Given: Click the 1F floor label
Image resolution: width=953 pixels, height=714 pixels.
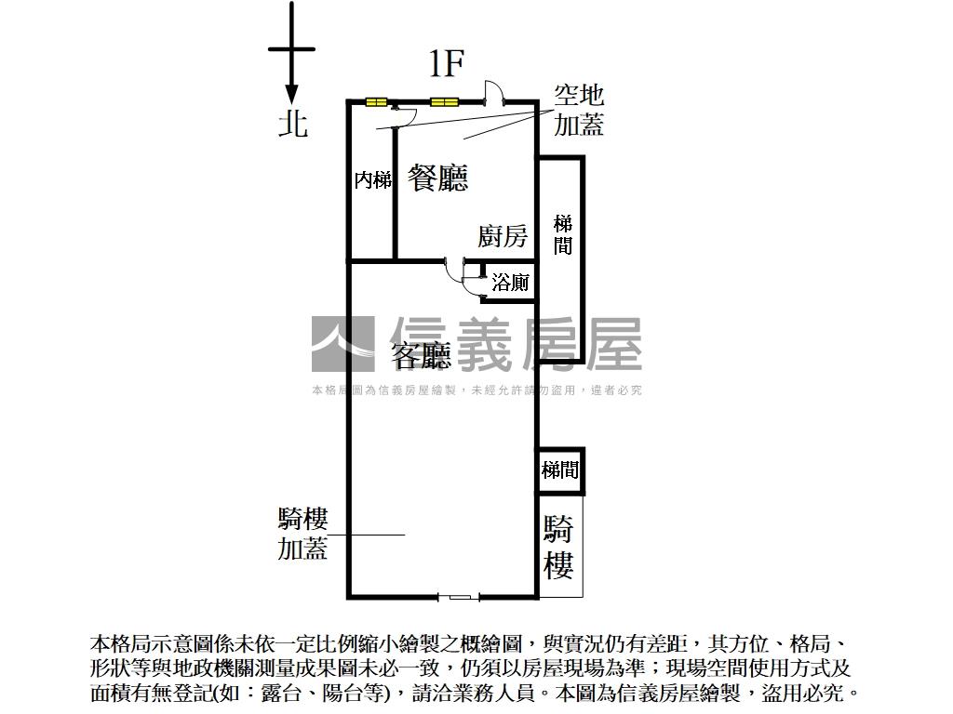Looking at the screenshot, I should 446,63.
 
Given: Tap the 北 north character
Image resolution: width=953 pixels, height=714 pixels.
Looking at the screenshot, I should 293,123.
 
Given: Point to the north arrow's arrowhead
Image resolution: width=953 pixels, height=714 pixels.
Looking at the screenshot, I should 291,94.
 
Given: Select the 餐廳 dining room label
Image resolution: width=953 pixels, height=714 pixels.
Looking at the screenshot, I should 437,177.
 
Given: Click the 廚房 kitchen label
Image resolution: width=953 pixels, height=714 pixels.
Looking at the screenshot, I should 503,236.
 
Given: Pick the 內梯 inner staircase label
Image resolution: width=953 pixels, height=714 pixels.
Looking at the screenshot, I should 372,180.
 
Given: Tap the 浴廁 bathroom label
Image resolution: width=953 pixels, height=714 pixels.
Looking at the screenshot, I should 510,283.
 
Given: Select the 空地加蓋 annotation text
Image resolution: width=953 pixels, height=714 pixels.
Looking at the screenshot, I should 579,110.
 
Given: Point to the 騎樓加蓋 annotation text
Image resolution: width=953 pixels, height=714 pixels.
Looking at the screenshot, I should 302,534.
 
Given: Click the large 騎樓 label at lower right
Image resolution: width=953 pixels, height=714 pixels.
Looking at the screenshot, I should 558,547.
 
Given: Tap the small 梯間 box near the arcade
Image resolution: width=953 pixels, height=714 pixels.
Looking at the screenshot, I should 560,470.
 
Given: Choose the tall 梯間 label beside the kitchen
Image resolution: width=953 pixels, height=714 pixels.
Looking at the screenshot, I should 562,234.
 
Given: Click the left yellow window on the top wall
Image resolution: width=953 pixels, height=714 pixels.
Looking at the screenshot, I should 376,102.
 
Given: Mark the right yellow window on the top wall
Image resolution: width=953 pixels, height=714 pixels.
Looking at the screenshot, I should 444,102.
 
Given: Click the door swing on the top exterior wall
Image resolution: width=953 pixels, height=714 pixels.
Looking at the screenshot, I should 494,93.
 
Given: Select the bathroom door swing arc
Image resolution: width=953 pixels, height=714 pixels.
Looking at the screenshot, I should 455,271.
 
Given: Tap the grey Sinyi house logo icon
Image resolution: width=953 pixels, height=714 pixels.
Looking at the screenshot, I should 342,344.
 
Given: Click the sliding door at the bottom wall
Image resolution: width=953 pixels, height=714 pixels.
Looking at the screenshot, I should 460,596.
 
